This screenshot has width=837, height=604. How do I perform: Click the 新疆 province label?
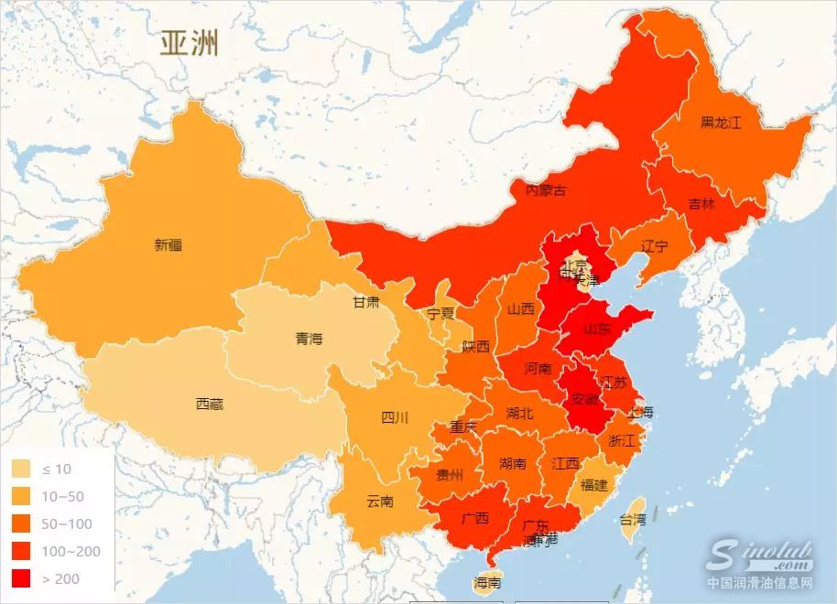(168, 245)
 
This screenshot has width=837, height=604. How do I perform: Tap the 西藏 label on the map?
(209, 404)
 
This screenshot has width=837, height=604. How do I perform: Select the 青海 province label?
(309, 339)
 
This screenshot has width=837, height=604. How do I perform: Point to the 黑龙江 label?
(720, 122)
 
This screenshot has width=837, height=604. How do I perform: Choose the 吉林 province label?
(701, 204)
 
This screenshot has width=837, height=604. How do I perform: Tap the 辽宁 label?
(654, 246)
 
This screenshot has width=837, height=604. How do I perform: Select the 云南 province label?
(379, 502)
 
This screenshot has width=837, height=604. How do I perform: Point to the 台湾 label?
(632, 519)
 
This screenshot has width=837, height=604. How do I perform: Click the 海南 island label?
(487, 582)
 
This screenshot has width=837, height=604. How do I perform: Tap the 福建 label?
(593, 484)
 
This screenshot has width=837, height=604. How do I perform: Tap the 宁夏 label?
(440, 313)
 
